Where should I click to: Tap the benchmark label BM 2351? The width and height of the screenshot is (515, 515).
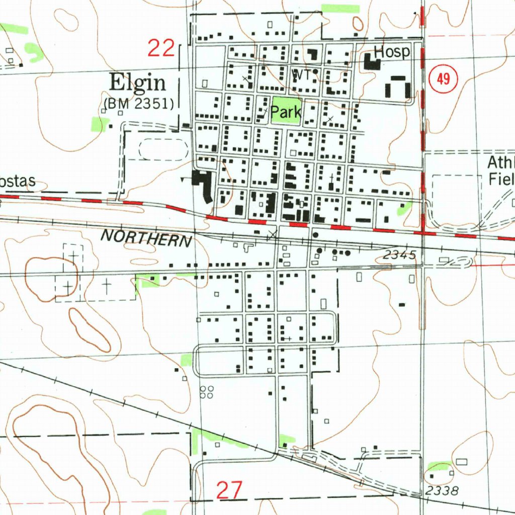(x=139, y=104)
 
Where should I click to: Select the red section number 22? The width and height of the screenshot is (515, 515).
(x=161, y=49)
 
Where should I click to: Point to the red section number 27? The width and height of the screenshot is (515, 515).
(x=229, y=489)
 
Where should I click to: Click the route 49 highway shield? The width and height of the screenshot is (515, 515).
(x=443, y=79)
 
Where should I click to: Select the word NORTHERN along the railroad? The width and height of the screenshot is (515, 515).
(x=146, y=238)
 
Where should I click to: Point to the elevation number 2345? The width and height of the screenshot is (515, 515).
(x=399, y=255)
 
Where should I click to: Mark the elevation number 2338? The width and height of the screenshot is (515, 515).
(x=442, y=491)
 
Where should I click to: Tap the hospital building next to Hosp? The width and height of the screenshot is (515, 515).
(x=372, y=63)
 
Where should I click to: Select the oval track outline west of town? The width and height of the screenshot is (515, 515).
(x=163, y=150)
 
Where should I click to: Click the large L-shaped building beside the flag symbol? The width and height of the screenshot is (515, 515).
(x=203, y=185)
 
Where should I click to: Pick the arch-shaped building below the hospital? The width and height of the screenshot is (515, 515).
(x=397, y=87)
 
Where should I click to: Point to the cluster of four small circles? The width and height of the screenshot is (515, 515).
(x=206, y=392)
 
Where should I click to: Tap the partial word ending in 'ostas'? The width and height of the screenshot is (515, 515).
(x=18, y=182)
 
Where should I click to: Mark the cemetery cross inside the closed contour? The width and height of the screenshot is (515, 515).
(x=68, y=286)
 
